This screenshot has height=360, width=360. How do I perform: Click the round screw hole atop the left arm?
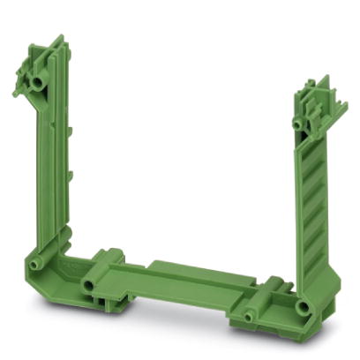(x=38, y=81)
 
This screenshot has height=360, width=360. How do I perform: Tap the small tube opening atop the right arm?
(x=299, y=124)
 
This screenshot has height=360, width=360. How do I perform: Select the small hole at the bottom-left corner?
(x=35, y=264)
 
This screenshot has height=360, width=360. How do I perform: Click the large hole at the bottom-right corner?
(x=303, y=307)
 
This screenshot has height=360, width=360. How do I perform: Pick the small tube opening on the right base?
(x=250, y=314)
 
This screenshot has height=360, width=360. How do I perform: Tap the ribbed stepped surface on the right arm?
(x=313, y=203)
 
